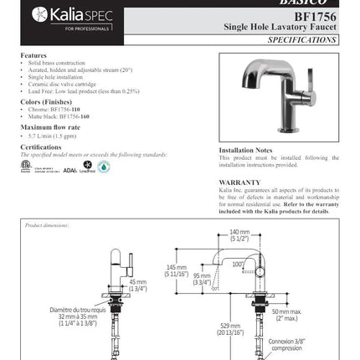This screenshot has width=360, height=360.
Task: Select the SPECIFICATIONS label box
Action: tap(303, 39)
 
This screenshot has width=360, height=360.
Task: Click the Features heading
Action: tap(33, 55)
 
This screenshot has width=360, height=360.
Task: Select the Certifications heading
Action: tap(41, 146)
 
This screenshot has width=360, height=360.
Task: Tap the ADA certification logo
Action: tap(70, 168)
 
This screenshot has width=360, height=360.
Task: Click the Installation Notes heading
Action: tap(246, 150)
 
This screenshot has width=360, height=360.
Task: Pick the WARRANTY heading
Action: tap(239, 182)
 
